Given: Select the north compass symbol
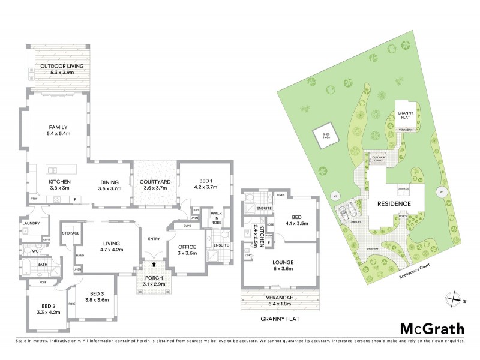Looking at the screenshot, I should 454,298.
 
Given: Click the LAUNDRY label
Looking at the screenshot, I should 31,223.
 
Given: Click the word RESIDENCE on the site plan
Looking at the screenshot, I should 394,204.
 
